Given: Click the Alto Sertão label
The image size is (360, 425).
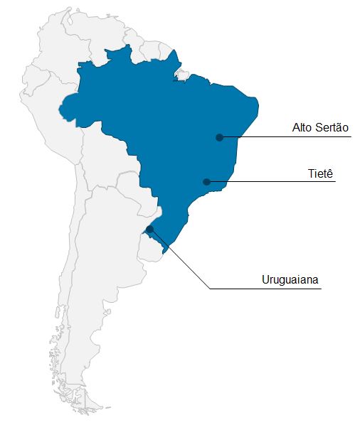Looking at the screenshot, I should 320,128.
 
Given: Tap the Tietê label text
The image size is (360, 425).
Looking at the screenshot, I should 321,173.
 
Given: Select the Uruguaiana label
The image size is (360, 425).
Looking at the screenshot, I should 292,279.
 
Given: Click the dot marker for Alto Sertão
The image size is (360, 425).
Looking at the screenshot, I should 220,137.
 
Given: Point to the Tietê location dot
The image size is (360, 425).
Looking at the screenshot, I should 206,182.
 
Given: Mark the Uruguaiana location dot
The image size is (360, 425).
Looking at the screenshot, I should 149,229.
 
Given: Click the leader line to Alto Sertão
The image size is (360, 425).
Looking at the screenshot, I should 285,137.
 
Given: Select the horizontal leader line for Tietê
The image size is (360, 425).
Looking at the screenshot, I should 270,182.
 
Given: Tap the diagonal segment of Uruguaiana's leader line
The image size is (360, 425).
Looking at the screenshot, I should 179,259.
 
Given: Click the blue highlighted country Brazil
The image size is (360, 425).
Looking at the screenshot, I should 171,121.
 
